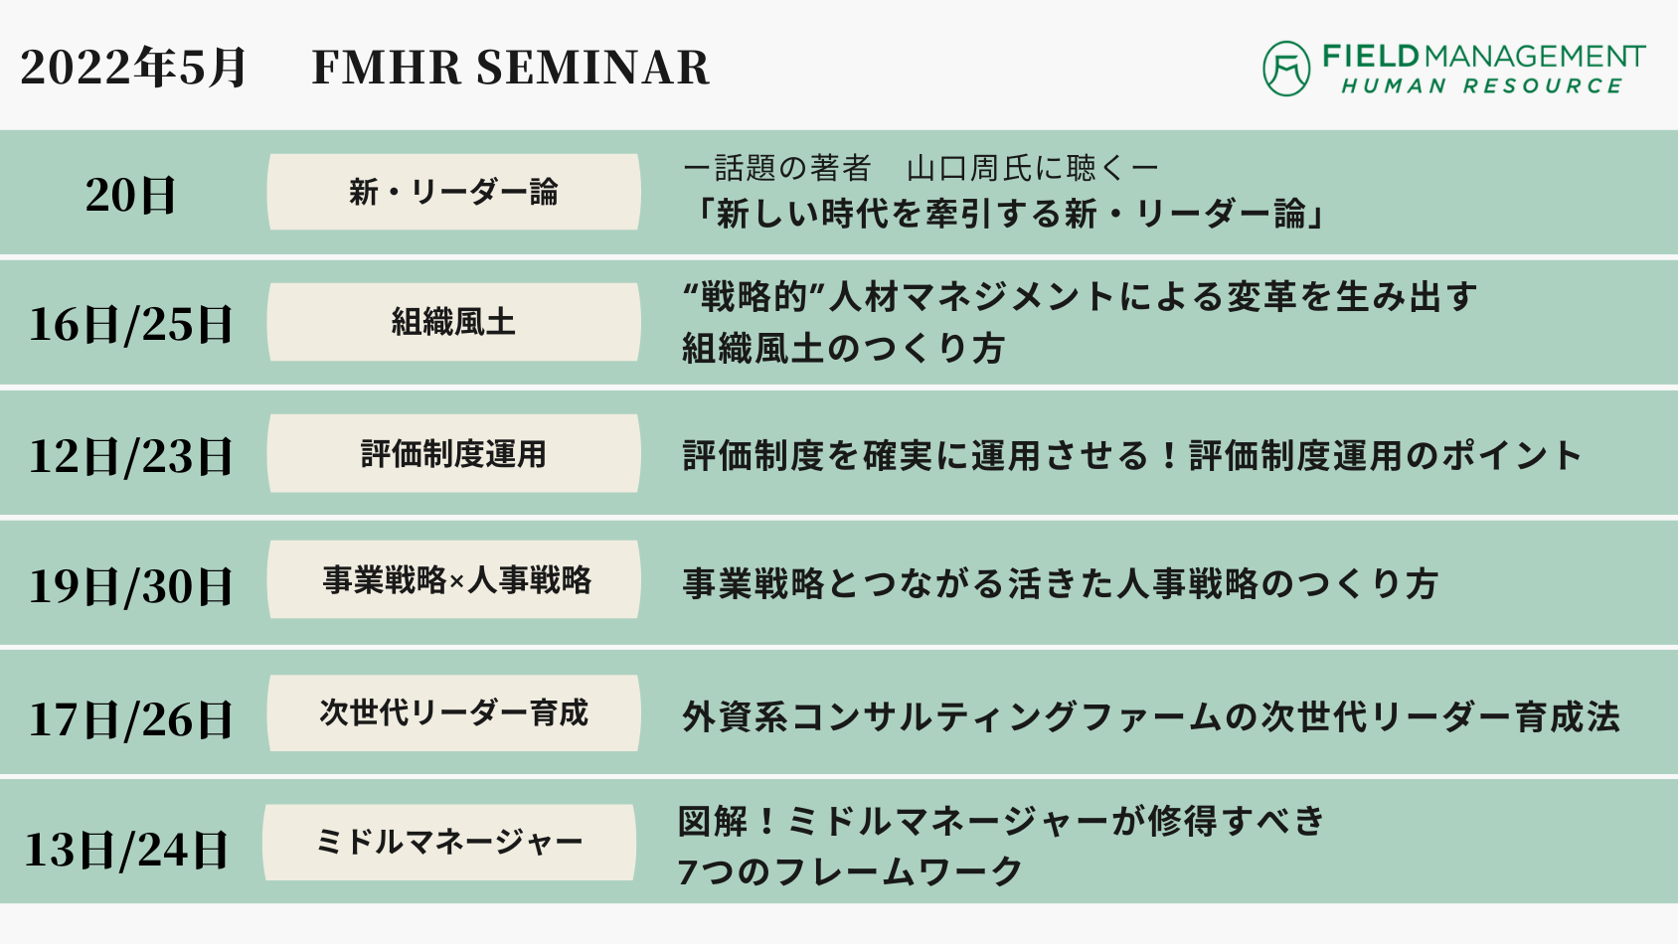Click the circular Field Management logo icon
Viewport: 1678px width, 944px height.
(1286, 69)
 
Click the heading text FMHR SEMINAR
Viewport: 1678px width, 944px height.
(511, 68)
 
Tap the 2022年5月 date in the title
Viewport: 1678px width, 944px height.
(132, 68)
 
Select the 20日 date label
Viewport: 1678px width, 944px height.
(130, 196)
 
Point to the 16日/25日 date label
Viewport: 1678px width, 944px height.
(130, 324)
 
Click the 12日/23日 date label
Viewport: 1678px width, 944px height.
(130, 456)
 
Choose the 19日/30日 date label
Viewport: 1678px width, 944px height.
(130, 586)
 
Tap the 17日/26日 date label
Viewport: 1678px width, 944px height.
(130, 719)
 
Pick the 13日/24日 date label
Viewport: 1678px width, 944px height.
(126, 850)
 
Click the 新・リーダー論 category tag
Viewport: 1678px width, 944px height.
(454, 192)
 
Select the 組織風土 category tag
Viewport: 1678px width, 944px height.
(454, 322)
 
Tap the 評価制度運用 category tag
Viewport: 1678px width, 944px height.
(454, 454)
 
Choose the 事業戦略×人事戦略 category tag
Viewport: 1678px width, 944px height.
(454, 579)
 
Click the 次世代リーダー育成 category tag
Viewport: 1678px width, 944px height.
(454, 712)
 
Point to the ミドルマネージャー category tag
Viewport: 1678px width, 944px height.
(449, 843)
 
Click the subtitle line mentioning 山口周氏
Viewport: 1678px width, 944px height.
(921, 168)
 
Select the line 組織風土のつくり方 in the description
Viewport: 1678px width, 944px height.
(843, 348)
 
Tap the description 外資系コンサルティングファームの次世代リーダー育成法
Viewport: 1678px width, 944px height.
(1150, 717)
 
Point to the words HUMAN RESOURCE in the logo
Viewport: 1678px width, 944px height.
(1482, 86)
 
